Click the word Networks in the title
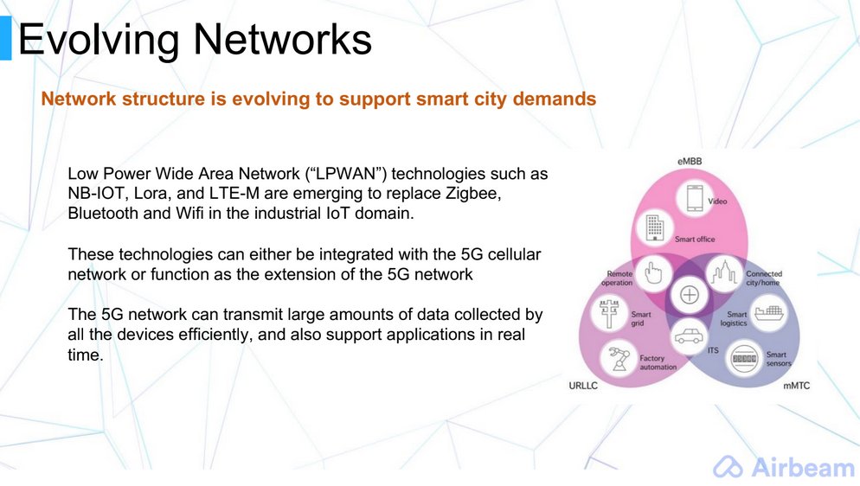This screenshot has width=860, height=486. tap(282, 39)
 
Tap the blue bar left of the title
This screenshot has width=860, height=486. tap(5, 38)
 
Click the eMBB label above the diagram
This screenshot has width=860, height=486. tap(690, 162)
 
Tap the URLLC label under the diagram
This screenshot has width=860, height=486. tap(583, 386)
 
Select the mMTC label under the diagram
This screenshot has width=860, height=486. tap(796, 386)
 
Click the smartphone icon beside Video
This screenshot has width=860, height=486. tap(695, 198)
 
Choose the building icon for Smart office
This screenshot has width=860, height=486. tap(655, 227)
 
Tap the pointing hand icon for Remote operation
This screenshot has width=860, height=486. tap(653, 272)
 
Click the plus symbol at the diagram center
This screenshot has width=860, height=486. tap(690, 295)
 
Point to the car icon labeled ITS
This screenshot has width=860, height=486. tap(689, 336)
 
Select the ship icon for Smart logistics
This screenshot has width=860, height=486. tap(769, 313)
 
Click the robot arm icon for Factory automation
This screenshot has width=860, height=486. tap(619, 359)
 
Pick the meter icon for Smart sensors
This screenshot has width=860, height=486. tap(745, 358)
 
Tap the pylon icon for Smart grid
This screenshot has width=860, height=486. tap(609, 313)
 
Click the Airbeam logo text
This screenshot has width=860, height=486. tap(802, 467)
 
